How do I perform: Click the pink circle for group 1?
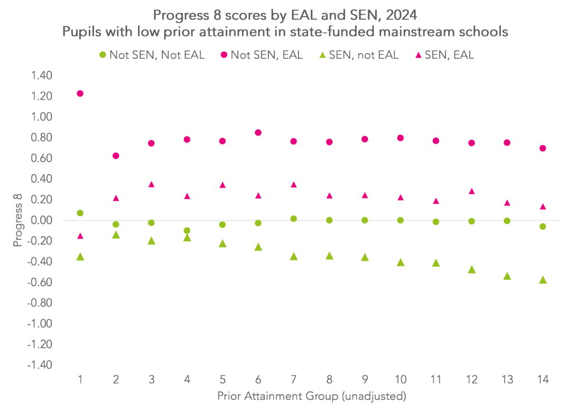80,93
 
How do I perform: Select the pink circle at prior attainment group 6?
258,132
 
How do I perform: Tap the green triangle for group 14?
543,280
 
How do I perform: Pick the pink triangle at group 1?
80,236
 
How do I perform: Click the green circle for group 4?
187,231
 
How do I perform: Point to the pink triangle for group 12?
471,191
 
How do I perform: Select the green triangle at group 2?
116,235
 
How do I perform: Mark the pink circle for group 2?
116,156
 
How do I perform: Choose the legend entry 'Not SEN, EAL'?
262,55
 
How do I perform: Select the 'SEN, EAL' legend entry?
448,55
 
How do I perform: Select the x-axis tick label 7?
294,380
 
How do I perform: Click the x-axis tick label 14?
543,380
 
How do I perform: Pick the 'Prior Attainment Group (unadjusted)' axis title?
312,397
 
